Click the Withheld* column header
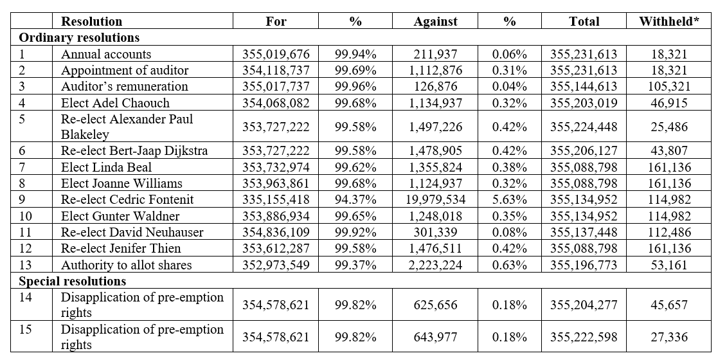click(x=669, y=21)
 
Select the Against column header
click(x=435, y=21)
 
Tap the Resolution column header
click(x=92, y=21)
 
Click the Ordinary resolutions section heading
click(x=79, y=37)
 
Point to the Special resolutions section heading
click(x=73, y=281)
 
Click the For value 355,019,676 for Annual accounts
click(x=276, y=54)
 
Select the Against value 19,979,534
click(x=435, y=199)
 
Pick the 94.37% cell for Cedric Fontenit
click(x=355, y=199)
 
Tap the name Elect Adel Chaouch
click(x=116, y=102)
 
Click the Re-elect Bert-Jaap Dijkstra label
click(x=134, y=151)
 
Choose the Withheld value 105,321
click(x=669, y=86)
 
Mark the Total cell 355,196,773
click(x=584, y=265)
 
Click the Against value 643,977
click(x=435, y=337)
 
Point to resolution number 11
click(x=26, y=232)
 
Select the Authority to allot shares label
click(x=127, y=265)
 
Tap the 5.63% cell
click(x=510, y=199)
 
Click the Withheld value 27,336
click(x=669, y=337)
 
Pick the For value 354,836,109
click(x=276, y=232)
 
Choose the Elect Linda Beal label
click(x=106, y=167)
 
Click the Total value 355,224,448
click(x=584, y=127)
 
